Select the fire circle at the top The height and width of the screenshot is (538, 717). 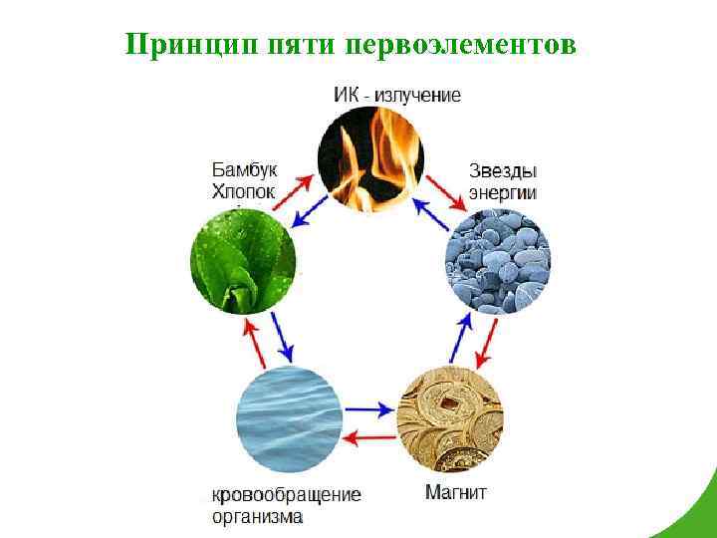(370, 159)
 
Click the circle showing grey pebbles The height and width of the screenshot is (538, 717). (496, 263)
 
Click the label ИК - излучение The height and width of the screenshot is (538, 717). (396, 96)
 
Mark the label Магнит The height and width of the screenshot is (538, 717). (456, 493)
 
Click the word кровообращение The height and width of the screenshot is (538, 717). (287, 494)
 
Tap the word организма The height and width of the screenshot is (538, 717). (258, 517)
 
